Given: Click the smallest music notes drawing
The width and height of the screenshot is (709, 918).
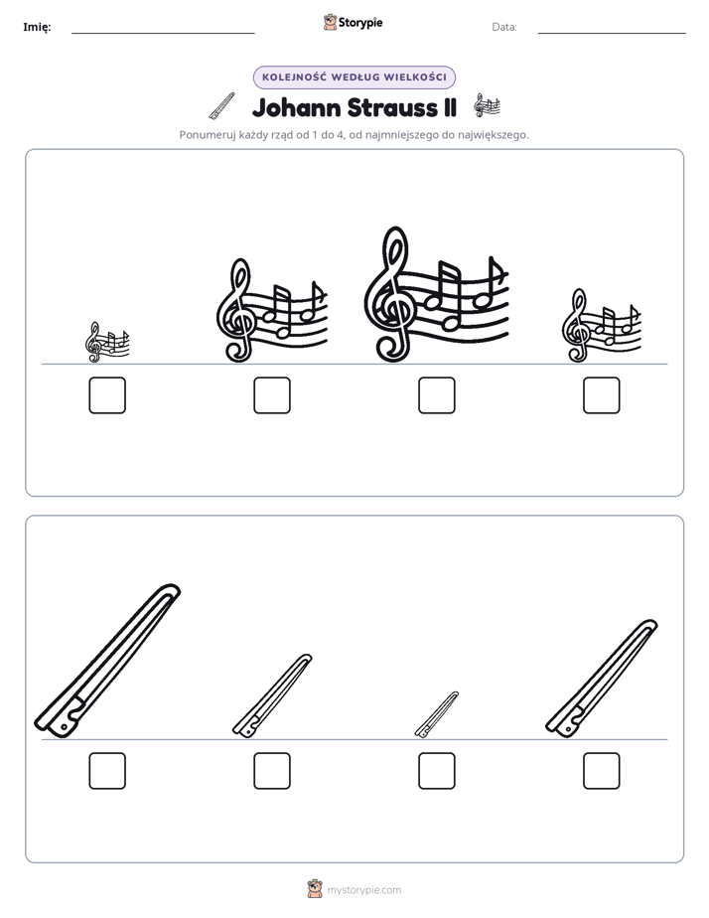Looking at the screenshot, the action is [107, 342].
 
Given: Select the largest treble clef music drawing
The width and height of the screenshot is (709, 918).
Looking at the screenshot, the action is [436, 294].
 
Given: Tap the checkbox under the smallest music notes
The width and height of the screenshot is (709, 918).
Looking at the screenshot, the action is [107, 395].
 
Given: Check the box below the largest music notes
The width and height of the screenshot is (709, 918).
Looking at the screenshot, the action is [436, 395].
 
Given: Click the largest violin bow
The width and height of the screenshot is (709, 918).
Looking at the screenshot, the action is [107, 661].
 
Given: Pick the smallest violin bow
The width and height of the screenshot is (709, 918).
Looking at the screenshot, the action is [436, 714].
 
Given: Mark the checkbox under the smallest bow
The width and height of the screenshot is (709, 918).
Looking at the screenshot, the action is [436, 771].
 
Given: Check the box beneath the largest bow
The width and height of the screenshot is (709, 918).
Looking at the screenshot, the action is [107, 771].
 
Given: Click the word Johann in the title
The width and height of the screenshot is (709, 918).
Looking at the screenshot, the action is [296, 107].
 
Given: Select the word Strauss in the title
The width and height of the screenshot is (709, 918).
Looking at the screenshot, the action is [392, 107].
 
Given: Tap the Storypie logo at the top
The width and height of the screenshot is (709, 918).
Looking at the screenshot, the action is [353, 23].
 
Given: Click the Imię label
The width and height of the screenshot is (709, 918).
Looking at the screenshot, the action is [37, 27].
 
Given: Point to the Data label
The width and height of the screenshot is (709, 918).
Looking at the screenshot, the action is [504, 27].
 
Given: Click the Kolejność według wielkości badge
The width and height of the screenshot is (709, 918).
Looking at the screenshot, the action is [354, 77].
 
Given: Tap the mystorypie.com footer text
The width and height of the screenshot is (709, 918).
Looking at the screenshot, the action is [363, 890].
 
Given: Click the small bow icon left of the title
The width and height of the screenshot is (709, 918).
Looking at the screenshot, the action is [221, 106].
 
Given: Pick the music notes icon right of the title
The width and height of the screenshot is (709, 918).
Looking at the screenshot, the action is [487, 106].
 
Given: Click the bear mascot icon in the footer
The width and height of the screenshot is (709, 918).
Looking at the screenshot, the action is [315, 889].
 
